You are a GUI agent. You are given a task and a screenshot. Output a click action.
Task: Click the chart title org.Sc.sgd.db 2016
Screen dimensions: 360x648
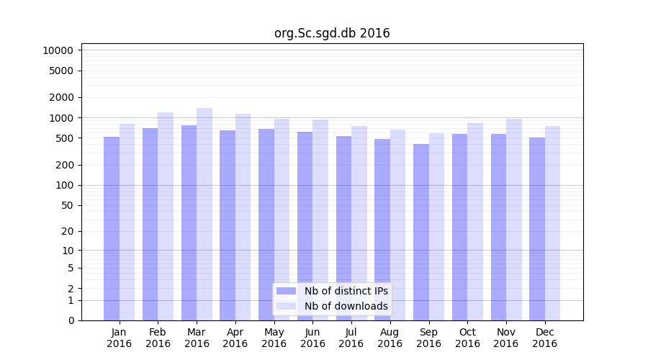coord(332,33)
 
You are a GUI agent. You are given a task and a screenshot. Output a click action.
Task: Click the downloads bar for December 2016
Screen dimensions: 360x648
coord(553,223)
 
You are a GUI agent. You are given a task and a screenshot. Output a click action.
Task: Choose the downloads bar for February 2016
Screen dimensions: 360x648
coord(166,216)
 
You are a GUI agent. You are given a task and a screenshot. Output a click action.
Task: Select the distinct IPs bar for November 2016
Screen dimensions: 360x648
coord(498,227)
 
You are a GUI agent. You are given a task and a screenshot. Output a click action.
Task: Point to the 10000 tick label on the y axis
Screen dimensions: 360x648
coord(58,50)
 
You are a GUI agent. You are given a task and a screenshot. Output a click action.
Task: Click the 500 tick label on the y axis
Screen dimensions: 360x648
coord(65,138)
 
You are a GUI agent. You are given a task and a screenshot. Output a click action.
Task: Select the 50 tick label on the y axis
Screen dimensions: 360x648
coord(68,205)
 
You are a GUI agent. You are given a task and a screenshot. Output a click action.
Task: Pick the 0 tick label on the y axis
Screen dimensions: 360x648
coord(71,320)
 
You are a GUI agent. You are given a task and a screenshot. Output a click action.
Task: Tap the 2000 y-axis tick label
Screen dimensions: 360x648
coord(61,97)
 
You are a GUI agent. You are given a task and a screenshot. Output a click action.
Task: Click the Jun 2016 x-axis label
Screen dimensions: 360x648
coord(312,338)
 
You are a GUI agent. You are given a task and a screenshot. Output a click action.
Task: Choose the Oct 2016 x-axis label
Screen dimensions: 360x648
coord(467,338)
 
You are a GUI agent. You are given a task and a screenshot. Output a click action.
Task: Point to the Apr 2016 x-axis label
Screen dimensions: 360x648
coord(235,338)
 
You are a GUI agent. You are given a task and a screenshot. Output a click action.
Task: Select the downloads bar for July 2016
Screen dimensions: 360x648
coord(359,223)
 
